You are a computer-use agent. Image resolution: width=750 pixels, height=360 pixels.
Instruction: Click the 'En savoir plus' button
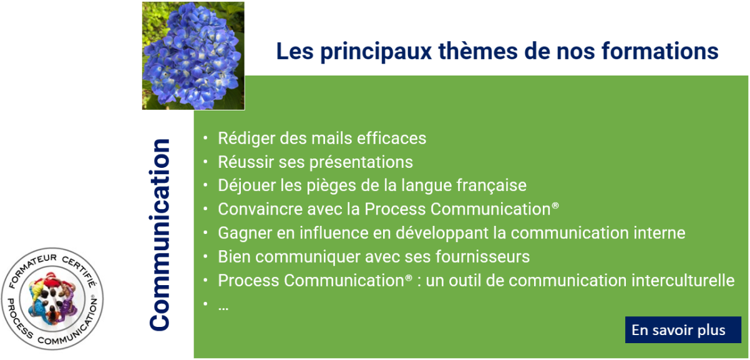click(683, 330)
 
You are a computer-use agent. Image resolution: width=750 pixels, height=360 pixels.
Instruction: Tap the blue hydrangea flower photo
click(193, 56)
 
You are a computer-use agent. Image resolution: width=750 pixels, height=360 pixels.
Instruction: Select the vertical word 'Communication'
click(160, 235)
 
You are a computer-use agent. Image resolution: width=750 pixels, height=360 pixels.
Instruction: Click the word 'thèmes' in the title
click(478, 51)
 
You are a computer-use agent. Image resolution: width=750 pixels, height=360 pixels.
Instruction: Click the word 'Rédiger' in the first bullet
click(246, 139)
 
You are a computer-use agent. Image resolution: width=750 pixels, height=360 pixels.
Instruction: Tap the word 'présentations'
click(361, 162)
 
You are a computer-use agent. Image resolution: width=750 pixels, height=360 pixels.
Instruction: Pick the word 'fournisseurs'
click(482, 257)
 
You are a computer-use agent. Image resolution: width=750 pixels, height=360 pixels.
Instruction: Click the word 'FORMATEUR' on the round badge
click(30, 269)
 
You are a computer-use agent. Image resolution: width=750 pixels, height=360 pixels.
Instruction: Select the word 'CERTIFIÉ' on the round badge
click(80, 271)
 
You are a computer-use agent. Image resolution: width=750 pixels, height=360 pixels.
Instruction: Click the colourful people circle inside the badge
click(52, 299)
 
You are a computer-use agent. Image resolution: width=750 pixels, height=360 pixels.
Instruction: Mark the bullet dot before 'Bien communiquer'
click(205, 257)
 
